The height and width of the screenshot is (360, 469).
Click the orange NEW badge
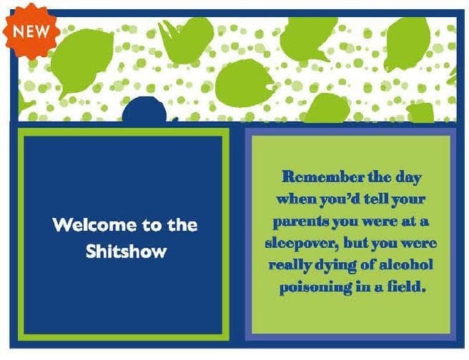pos(31,31)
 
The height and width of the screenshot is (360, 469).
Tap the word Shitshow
pos(127,251)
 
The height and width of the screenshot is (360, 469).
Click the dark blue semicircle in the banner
pos(144,109)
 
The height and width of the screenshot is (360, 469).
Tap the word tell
pos(376,199)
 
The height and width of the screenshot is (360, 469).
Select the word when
pos(297,199)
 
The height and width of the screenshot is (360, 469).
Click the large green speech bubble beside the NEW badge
pos(82,61)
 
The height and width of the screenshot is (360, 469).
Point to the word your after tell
pos(408,200)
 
